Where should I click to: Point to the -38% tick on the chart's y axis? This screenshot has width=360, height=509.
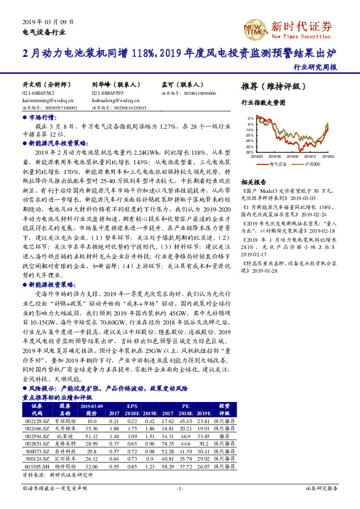[249, 152]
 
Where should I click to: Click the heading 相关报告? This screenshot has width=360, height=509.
[254, 182]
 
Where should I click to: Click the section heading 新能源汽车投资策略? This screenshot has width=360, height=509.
[59, 143]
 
